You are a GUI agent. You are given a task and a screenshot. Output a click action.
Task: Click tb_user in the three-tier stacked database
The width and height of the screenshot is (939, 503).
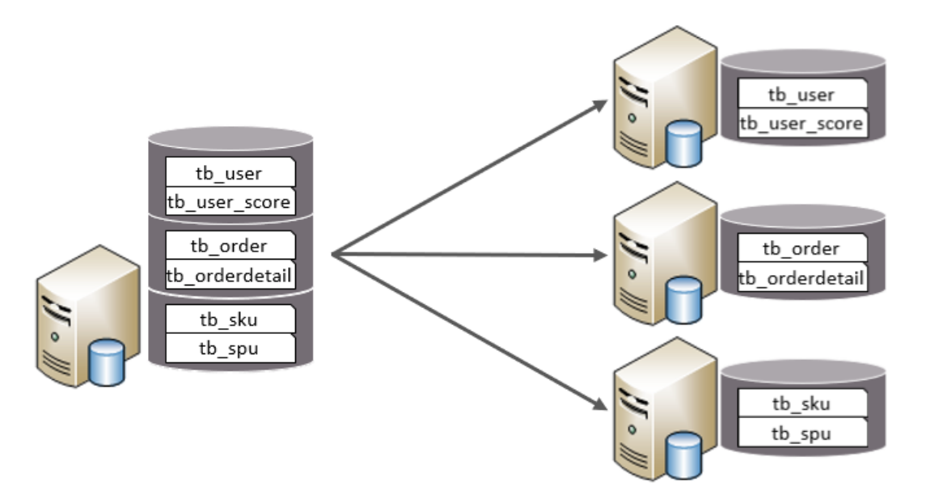(x=230, y=172)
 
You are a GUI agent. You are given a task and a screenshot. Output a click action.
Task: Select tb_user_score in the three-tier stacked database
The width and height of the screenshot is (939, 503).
(x=230, y=201)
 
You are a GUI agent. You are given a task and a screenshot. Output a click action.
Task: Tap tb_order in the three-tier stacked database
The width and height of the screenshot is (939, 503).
(x=230, y=245)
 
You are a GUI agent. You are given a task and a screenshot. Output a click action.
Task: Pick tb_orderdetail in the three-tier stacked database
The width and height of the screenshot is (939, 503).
(x=230, y=276)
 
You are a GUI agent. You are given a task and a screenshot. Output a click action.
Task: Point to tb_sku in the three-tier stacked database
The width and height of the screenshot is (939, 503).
(x=230, y=319)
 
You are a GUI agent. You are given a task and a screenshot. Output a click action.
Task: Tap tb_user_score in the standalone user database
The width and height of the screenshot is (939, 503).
(x=802, y=124)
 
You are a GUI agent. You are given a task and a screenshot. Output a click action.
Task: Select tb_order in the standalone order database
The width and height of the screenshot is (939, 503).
(x=802, y=248)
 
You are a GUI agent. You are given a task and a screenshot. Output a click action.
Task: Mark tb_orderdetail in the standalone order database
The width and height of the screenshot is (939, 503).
(x=802, y=279)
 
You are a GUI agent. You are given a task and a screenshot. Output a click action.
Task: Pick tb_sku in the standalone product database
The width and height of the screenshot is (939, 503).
(x=802, y=404)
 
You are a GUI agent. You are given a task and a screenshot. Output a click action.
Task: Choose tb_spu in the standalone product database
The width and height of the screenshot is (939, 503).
(x=802, y=433)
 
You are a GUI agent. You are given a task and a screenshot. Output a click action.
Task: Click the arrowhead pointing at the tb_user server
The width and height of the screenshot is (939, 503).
(x=599, y=104)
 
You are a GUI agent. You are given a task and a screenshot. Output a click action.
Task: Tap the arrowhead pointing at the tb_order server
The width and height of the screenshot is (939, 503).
(x=599, y=256)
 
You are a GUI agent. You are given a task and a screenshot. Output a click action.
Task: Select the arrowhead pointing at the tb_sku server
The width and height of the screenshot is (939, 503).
(x=599, y=404)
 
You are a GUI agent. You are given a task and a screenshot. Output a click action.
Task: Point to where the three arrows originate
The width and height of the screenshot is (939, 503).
(x=333, y=255)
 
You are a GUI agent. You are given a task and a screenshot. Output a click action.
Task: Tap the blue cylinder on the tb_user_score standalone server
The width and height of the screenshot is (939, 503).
(x=684, y=144)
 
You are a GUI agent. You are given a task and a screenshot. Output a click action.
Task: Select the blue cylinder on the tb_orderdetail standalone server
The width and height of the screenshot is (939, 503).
(x=684, y=298)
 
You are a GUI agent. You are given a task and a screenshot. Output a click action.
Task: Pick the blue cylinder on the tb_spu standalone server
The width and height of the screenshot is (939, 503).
(x=684, y=454)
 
